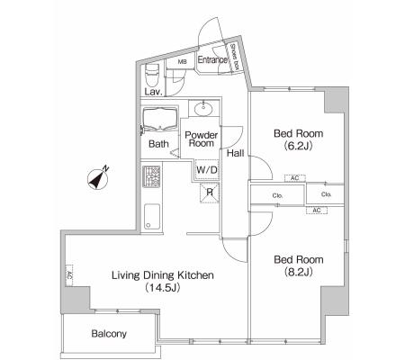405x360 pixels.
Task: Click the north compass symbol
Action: click(98, 179)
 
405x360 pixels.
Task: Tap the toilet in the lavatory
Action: click(151, 75)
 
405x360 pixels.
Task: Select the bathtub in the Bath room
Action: click(159, 119)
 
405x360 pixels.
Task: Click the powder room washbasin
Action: click(203, 108)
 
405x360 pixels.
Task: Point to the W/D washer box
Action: click(207, 170)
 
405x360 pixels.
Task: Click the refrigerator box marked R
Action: click(210, 193)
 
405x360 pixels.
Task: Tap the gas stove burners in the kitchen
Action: click(151, 176)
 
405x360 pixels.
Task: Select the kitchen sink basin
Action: click(152, 217)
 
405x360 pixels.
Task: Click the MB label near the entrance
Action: click(182, 62)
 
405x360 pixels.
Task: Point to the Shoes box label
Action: click(234, 57)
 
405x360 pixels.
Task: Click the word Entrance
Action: click(212, 59)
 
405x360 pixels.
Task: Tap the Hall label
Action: click(235, 153)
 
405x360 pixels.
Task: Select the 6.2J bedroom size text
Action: click(299, 146)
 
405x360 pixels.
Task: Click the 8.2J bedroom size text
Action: click(299, 272)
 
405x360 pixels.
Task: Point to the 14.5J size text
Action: click(162, 288)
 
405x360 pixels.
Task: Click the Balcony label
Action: click(109, 334)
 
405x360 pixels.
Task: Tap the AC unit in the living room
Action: click(69, 275)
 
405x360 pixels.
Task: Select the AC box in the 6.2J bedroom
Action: click(295, 178)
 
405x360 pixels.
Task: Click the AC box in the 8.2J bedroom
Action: click(317, 211)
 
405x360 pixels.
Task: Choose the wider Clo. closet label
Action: click(278, 195)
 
